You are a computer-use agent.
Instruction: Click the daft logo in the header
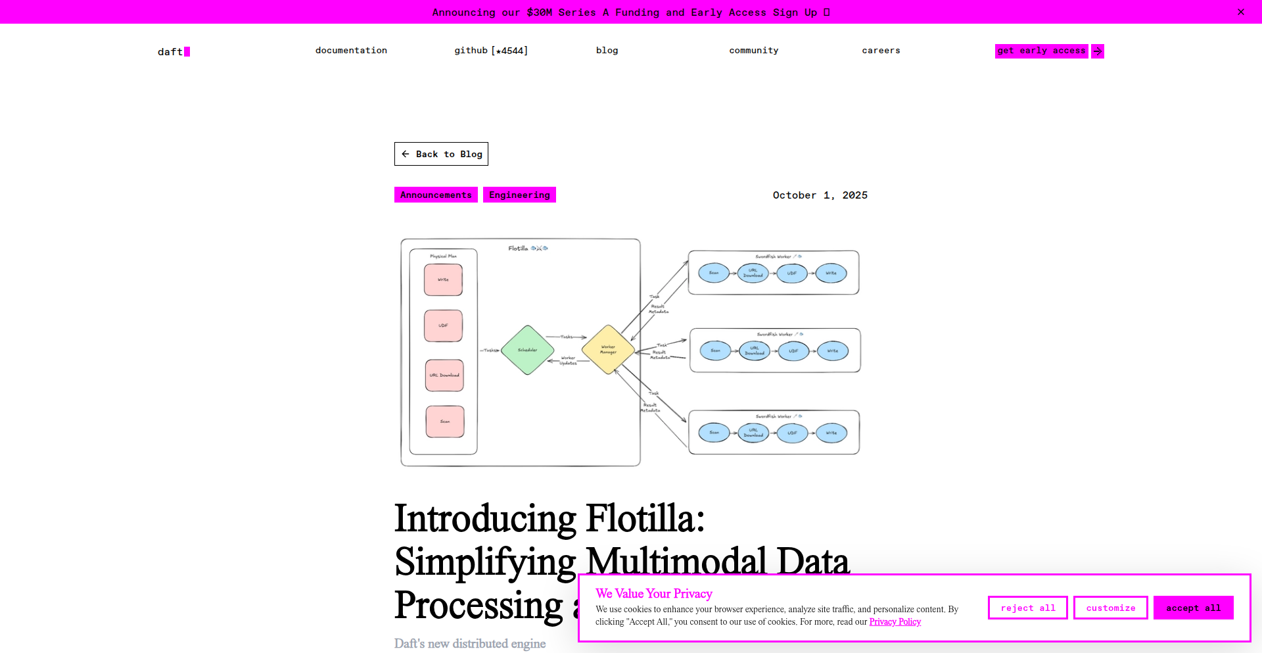click(x=173, y=51)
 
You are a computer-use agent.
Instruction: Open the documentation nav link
click(x=351, y=51)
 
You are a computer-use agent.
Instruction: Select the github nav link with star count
click(x=491, y=51)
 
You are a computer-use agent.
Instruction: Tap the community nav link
click(x=753, y=51)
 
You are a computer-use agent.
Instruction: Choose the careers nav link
click(x=881, y=51)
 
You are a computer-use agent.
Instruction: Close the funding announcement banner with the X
click(x=1240, y=12)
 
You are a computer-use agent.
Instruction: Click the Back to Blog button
click(x=441, y=154)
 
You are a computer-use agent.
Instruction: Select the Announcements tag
click(x=436, y=195)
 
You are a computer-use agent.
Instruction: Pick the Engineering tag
click(x=519, y=195)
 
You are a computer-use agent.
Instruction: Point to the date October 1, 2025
click(x=820, y=195)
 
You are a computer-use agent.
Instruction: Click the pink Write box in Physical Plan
click(x=443, y=280)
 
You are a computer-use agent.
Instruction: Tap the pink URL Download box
click(x=444, y=375)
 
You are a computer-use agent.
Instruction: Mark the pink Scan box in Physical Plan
click(x=445, y=422)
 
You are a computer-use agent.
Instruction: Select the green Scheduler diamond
click(x=527, y=350)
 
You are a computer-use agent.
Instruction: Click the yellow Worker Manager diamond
click(x=608, y=350)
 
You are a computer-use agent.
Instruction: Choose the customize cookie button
click(x=1110, y=608)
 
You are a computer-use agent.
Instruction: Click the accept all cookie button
click(x=1193, y=608)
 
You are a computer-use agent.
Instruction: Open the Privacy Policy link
click(x=895, y=622)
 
